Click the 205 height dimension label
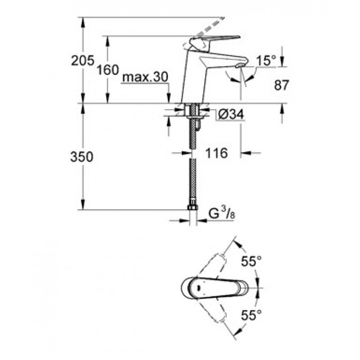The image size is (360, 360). [x=83, y=61]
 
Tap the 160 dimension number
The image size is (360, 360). [x=108, y=70]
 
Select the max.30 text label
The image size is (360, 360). [x=145, y=77]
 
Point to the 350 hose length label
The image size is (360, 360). [x=82, y=157]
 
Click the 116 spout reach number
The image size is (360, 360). [x=216, y=153]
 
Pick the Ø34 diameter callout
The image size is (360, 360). [x=231, y=114]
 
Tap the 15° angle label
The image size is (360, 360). [x=266, y=61]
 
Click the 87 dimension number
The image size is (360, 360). [x=281, y=85]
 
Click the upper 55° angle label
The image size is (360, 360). [x=252, y=261]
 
